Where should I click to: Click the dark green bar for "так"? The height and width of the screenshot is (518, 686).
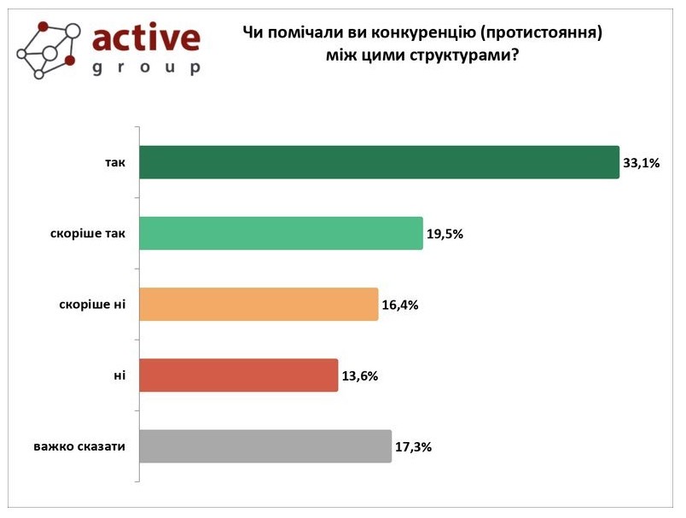tap(379, 162)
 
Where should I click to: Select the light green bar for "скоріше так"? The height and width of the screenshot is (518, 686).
tap(281, 233)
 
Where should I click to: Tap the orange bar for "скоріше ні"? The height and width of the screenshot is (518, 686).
tap(259, 304)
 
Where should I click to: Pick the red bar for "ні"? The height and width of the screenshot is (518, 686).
tap(238, 375)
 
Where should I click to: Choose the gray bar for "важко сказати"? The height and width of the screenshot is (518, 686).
tap(265, 445)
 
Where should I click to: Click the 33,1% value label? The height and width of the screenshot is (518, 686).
tap(642, 163)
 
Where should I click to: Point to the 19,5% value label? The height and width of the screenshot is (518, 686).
tap(445, 234)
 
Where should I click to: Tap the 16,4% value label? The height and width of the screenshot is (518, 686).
tap(400, 305)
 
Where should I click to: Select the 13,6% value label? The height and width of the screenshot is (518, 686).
tap(360, 375)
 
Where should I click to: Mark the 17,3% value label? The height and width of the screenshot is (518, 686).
tap(414, 446)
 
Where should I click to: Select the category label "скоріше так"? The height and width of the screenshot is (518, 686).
tap(86, 234)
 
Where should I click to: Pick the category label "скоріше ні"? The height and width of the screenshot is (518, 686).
tap(90, 305)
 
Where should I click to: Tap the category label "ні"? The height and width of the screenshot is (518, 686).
tap(120, 375)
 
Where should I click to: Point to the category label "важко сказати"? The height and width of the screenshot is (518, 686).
tap(80, 446)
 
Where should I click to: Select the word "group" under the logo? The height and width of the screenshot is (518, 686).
tap(146, 68)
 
